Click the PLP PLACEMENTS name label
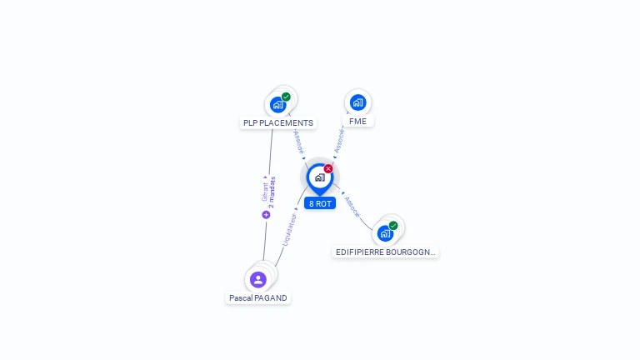point(278,123)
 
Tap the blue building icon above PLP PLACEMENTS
point(277,105)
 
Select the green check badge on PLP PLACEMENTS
point(286,97)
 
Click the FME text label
point(357,121)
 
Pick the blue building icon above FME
point(357,102)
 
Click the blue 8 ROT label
point(320,203)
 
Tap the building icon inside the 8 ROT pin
point(319,177)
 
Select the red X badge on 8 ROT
point(328,168)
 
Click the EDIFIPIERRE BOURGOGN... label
point(385,252)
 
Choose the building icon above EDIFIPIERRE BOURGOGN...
point(385,233)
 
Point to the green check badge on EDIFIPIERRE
point(393,225)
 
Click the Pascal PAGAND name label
point(258,297)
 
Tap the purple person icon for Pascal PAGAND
point(258,279)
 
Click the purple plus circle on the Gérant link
point(267,214)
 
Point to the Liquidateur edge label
point(289,228)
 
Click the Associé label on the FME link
point(339,139)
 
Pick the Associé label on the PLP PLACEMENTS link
point(299,142)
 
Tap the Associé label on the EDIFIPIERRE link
point(352,207)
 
